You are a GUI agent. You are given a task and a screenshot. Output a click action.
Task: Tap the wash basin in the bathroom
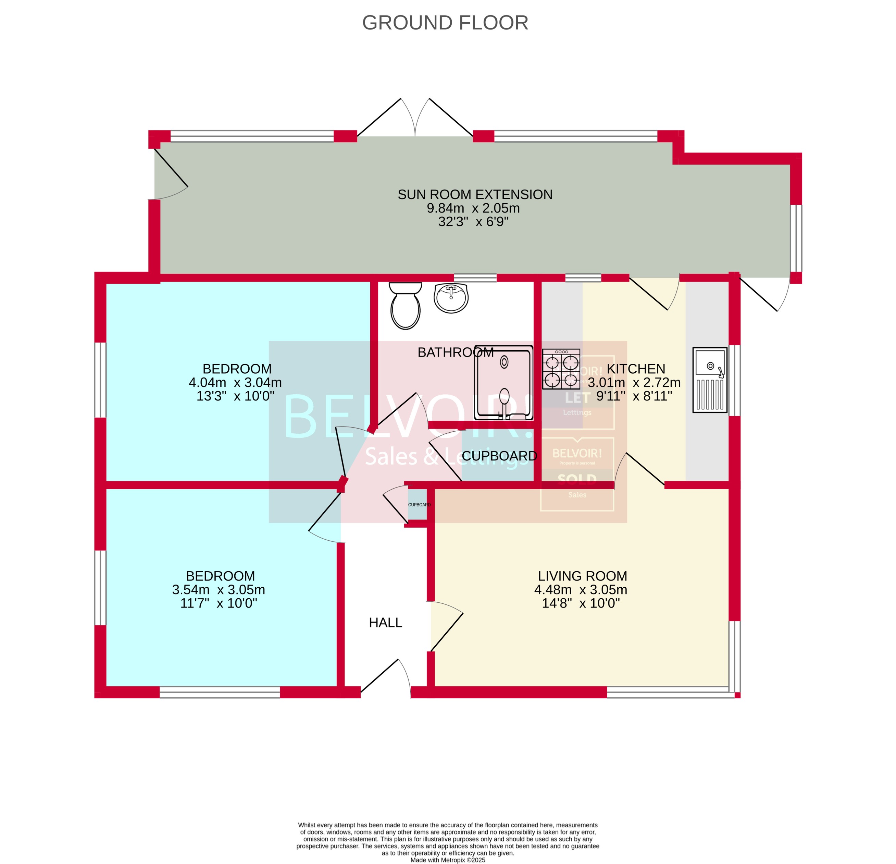click(x=451, y=298)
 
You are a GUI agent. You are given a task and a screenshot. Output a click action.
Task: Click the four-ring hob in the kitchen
click(x=561, y=369)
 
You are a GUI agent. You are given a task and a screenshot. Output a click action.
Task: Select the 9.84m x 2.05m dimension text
click(x=473, y=208)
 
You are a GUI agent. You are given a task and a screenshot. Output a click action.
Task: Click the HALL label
click(x=385, y=622)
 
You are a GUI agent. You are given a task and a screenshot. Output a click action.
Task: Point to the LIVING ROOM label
click(x=582, y=576)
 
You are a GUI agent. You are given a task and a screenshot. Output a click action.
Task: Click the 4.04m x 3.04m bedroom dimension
click(x=235, y=382)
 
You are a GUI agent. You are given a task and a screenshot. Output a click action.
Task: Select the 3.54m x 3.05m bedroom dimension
click(x=218, y=589)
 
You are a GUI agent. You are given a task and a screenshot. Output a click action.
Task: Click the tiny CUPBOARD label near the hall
click(x=419, y=505)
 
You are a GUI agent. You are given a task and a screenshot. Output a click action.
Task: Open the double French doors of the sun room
click(x=415, y=118)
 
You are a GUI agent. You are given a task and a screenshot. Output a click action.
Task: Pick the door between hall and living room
click(x=446, y=629)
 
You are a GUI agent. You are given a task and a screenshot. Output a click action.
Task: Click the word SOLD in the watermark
click(x=577, y=480)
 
